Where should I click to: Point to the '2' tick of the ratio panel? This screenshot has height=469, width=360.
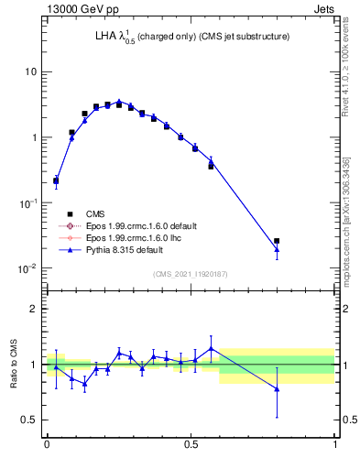pos(34,309)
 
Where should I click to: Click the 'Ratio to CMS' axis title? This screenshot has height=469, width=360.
pos(14,365)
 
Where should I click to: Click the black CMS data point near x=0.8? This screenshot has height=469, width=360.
pos(277,241)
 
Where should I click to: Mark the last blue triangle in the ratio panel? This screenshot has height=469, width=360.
pos(277,389)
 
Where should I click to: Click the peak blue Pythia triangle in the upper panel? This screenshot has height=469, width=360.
pos(119,102)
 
